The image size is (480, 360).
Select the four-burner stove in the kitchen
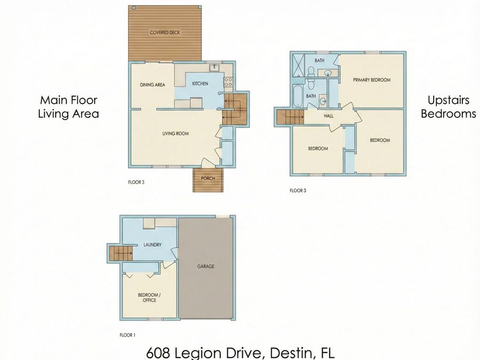(228, 82)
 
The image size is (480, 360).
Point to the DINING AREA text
(152, 84)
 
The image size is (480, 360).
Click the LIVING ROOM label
(175, 133)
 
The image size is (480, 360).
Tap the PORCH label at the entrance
(207, 179)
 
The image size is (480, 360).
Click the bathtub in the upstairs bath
(298, 97)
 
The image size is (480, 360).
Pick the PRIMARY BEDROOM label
(372, 80)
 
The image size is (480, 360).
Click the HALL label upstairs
(329, 115)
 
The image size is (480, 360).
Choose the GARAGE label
(205, 266)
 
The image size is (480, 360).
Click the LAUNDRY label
(152, 245)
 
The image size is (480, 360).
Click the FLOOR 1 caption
(127, 336)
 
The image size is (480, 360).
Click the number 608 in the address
(158, 353)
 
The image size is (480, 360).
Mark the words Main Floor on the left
(69, 100)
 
